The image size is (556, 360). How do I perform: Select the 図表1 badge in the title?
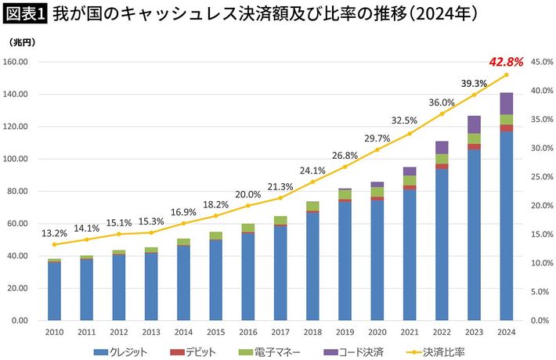click(x=26, y=14)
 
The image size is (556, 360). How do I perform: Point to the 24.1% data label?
click(x=312, y=170)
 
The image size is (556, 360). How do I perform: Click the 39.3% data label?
click(x=474, y=83)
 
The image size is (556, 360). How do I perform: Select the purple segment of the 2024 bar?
click(x=507, y=103)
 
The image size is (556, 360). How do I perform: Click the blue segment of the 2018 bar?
click(x=312, y=266)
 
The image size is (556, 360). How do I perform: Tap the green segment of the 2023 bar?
click(x=474, y=139)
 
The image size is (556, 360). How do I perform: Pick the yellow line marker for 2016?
click(x=247, y=206)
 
